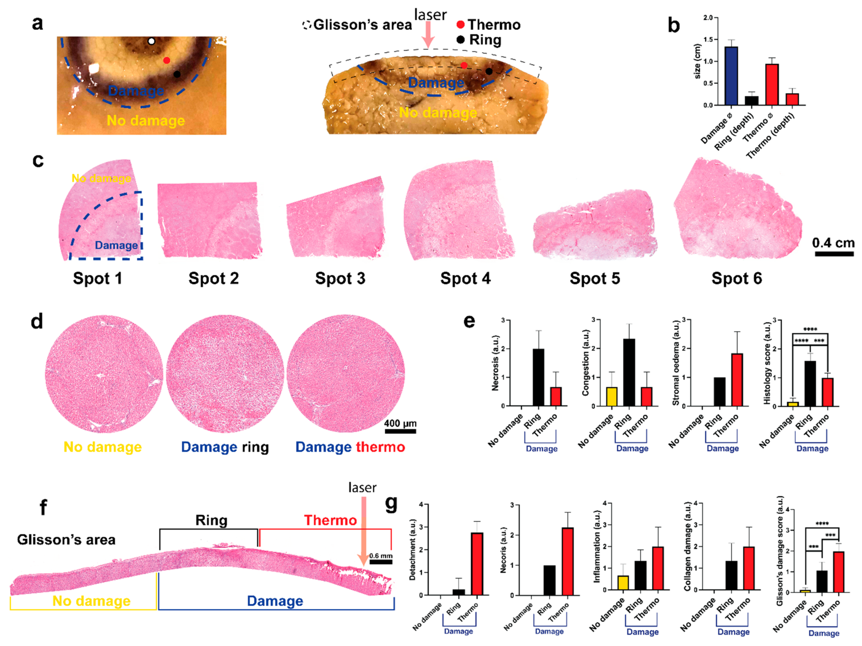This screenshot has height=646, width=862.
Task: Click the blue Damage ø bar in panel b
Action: [x=731, y=76]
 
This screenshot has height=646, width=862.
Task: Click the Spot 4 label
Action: [x=465, y=278]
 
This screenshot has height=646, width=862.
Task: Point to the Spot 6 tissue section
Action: [x=737, y=210]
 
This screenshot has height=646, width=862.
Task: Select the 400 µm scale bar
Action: [x=400, y=431]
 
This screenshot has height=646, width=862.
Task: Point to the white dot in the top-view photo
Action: [x=151, y=41]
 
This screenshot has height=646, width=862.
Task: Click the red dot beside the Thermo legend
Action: [x=460, y=25]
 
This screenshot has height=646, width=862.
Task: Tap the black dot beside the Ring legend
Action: [x=460, y=39]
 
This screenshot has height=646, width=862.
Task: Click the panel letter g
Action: [x=391, y=503]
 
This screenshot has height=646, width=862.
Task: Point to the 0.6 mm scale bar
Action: [x=381, y=562]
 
